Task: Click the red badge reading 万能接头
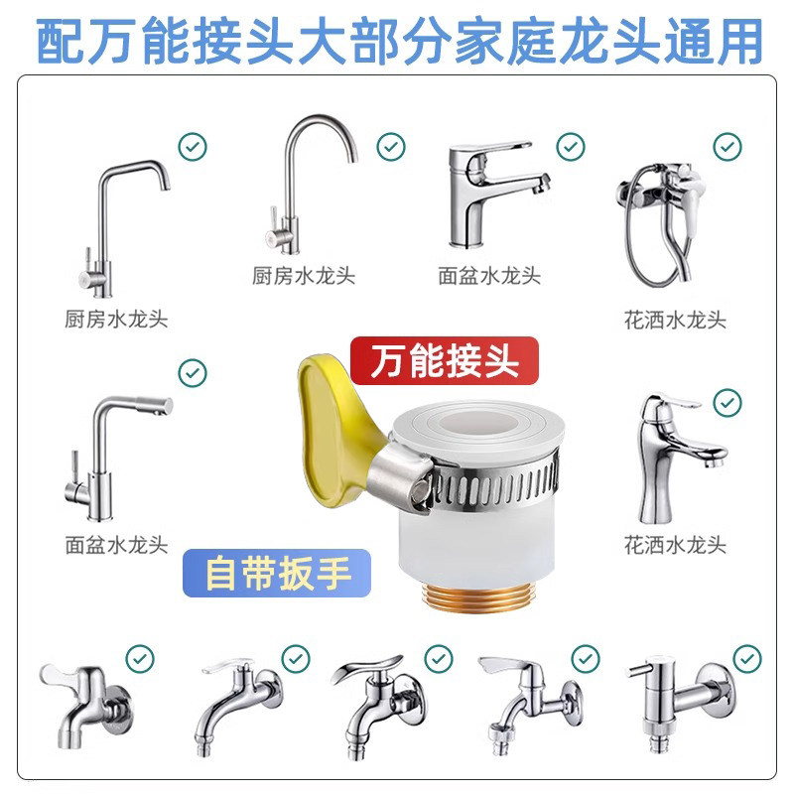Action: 444,360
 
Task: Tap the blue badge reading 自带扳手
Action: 277,574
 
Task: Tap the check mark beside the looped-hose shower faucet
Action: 728,147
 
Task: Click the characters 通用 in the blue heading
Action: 713,41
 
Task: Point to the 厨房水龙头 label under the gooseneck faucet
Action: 304,276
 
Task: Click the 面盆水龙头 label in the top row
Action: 489,276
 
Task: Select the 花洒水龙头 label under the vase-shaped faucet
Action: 675,545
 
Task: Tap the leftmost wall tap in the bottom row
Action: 86,707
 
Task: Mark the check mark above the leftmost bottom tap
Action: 140,659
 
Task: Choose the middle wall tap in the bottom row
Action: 379,707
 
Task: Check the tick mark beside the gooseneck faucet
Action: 391,147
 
